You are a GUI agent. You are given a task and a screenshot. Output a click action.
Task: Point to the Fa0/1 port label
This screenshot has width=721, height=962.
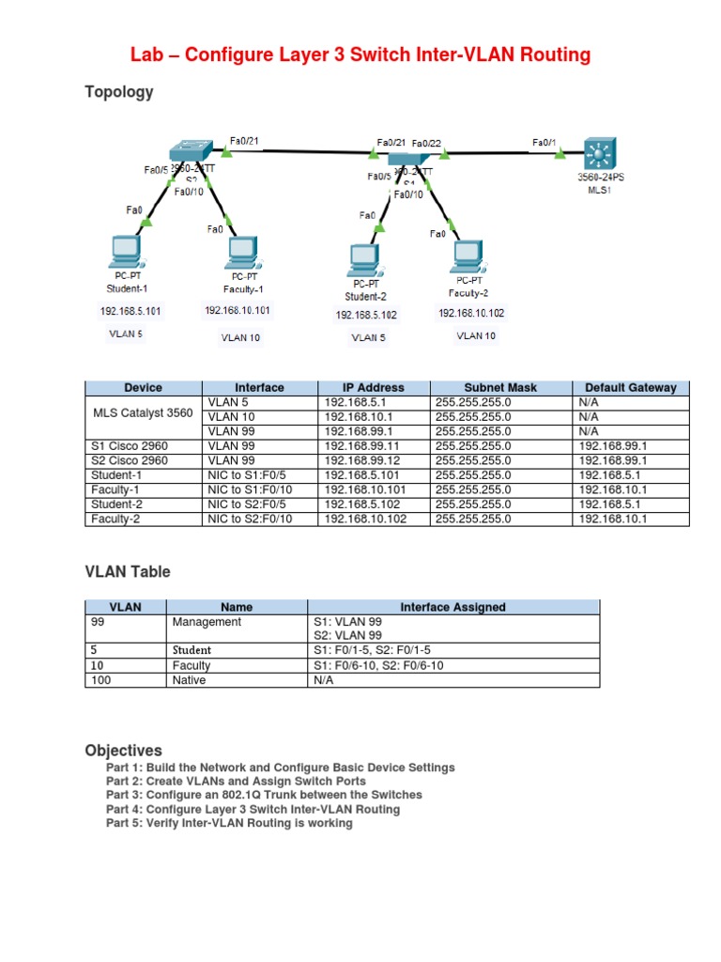(x=544, y=143)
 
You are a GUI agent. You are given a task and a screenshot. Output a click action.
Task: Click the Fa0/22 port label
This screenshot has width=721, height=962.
(x=426, y=144)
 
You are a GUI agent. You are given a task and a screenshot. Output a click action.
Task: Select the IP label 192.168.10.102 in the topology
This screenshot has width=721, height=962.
(x=471, y=314)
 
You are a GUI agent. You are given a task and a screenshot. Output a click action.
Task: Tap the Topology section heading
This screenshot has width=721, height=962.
(x=119, y=92)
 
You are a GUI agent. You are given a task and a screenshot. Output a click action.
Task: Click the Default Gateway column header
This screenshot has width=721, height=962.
(x=630, y=387)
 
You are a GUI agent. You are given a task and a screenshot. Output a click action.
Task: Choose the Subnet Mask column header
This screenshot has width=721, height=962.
(x=501, y=387)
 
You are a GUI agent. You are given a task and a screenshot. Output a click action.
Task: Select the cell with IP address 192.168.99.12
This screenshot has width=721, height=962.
(x=361, y=460)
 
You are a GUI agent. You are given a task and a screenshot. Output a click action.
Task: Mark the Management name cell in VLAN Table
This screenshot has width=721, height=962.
(x=207, y=622)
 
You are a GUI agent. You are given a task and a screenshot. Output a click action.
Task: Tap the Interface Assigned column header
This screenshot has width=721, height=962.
(x=453, y=607)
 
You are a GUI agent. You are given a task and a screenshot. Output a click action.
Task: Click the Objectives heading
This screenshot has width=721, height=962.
(x=123, y=751)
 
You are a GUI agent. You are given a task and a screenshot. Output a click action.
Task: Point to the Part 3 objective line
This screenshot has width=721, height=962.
(x=264, y=795)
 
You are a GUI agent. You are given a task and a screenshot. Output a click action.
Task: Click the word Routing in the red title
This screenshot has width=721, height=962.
(x=549, y=55)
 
